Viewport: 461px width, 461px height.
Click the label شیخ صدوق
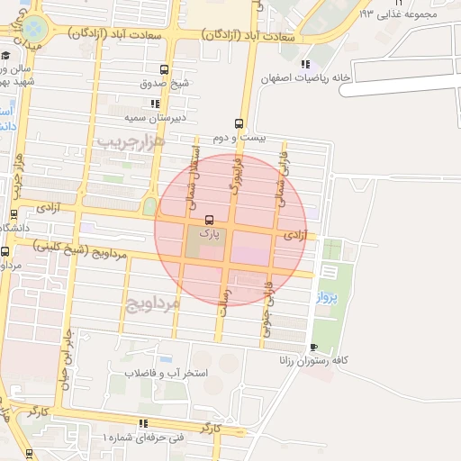[165, 84]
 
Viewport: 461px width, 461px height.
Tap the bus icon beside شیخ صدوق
[164, 69]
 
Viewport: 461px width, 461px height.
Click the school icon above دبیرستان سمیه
[156, 104]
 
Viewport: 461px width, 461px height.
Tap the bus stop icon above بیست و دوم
[239, 123]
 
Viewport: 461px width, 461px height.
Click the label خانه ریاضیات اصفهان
[304, 78]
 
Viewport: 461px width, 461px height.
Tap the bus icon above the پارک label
[209, 219]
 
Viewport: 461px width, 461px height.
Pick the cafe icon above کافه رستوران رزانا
[312, 347]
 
